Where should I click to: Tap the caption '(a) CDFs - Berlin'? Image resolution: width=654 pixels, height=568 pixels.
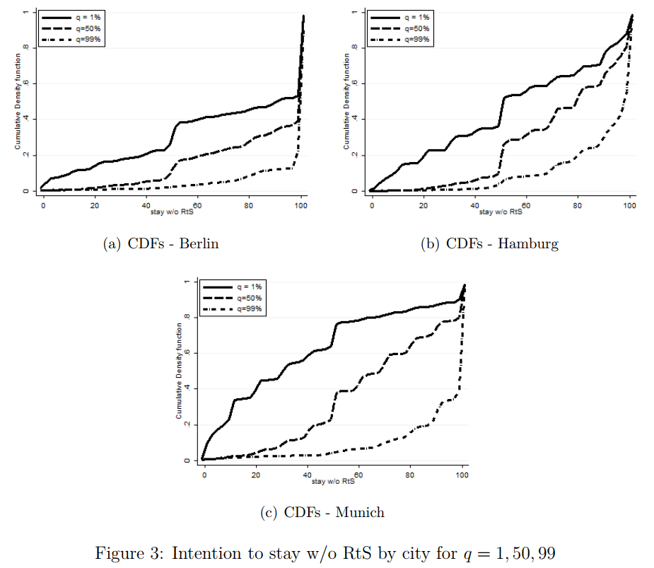(161, 244)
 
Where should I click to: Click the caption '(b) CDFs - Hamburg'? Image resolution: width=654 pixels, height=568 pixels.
(490, 244)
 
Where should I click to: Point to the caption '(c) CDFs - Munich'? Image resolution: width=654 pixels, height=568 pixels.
(322, 512)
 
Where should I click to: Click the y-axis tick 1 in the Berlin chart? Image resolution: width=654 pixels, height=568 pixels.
(27, 12)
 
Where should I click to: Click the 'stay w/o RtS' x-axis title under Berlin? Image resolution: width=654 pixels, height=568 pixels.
(172, 211)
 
